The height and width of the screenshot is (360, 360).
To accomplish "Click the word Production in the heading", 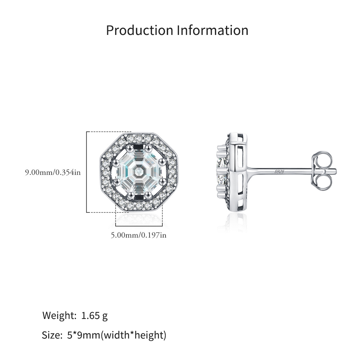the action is [140, 30].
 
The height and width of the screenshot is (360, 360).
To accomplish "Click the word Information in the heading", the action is [213, 30].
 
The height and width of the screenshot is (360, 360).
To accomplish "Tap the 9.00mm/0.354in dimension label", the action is [53, 172].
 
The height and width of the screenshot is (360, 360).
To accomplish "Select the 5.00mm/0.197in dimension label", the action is [139, 235].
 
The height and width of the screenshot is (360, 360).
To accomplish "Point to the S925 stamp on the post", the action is [279, 172].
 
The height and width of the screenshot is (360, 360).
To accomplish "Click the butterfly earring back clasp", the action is [322, 171].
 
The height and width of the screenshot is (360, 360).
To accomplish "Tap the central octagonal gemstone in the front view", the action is [139, 171].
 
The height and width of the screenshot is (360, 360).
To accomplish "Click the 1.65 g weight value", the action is [94, 316].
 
